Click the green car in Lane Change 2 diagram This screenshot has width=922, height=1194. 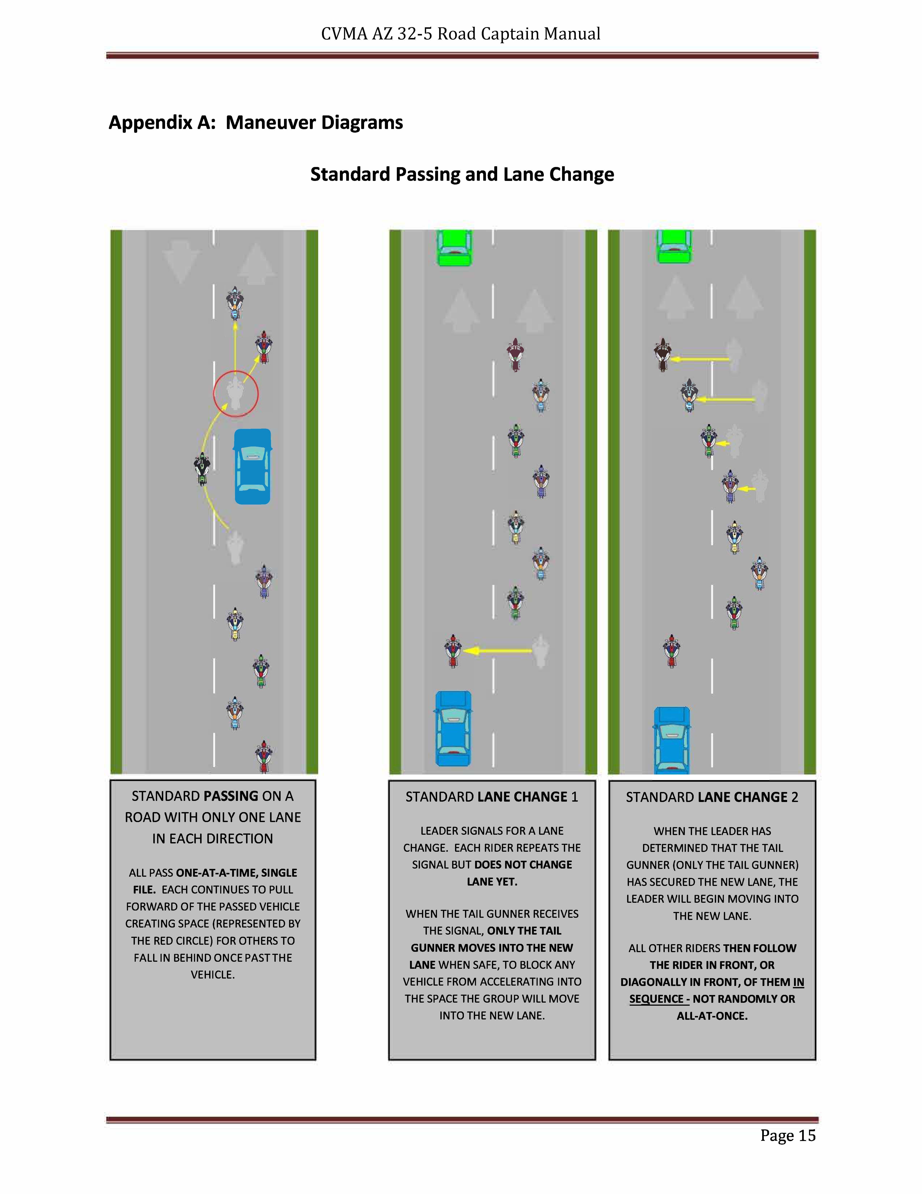674,246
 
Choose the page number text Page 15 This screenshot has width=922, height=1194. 788,1136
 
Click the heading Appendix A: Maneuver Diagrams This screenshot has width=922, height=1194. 256,122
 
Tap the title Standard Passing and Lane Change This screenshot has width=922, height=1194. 462,174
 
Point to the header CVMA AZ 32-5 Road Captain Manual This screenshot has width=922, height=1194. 460,34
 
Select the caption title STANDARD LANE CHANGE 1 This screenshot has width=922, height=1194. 492,797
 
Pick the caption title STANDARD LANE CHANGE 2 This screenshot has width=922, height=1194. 712,798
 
